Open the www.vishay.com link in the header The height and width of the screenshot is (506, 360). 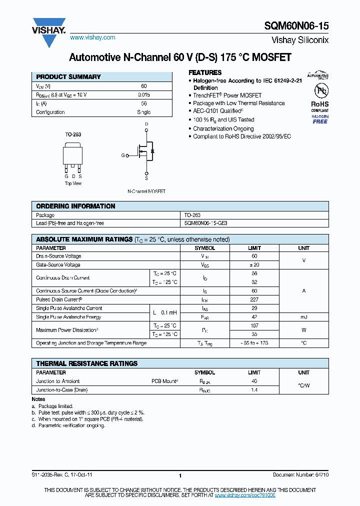(x=92, y=37)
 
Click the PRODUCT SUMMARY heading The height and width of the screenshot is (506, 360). (x=68, y=77)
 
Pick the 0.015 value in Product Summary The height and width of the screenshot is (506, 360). (x=143, y=94)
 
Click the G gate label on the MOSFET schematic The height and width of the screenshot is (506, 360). (x=123, y=155)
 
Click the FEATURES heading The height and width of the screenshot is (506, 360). (x=205, y=72)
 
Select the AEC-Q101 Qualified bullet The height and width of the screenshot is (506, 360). (x=218, y=111)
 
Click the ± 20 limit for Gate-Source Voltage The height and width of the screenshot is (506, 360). (x=254, y=264)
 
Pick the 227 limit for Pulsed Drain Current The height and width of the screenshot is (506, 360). (x=254, y=299)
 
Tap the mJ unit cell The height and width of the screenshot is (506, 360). (x=303, y=317)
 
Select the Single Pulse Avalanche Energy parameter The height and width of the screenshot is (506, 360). (x=68, y=317)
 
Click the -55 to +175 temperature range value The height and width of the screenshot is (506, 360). (x=254, y=343)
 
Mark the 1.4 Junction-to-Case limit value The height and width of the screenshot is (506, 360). (x=254, y=389)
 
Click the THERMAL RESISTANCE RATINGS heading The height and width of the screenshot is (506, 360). (x=87, y=363)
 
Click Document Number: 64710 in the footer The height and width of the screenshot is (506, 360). (x=300, y=475)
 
